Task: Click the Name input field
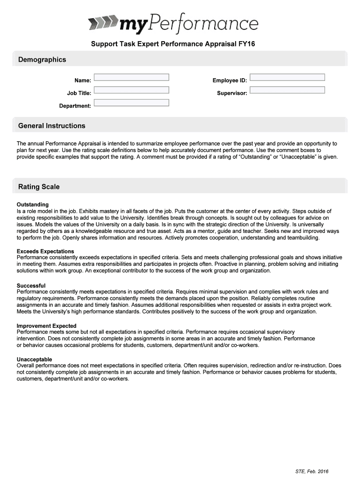pos(131,77)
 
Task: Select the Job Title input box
pos(131,90)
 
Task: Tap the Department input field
pos(131,102)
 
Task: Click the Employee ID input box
pos(287,77)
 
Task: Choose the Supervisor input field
pos(287,90)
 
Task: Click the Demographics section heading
pos(42,59)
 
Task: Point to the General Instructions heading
pos(51,126)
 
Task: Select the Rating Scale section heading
pos(39,187)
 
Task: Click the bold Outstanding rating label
pos(33,205)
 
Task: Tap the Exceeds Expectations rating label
pos(45,251)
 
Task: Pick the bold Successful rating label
pos(31,285)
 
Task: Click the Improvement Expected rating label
pos(46,326)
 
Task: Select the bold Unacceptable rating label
pos(34,359)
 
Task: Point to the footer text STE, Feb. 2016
pos(312,471)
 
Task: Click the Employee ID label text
pos(230,80)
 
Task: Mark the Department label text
pos(75,106)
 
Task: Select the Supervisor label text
pos(232,93)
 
